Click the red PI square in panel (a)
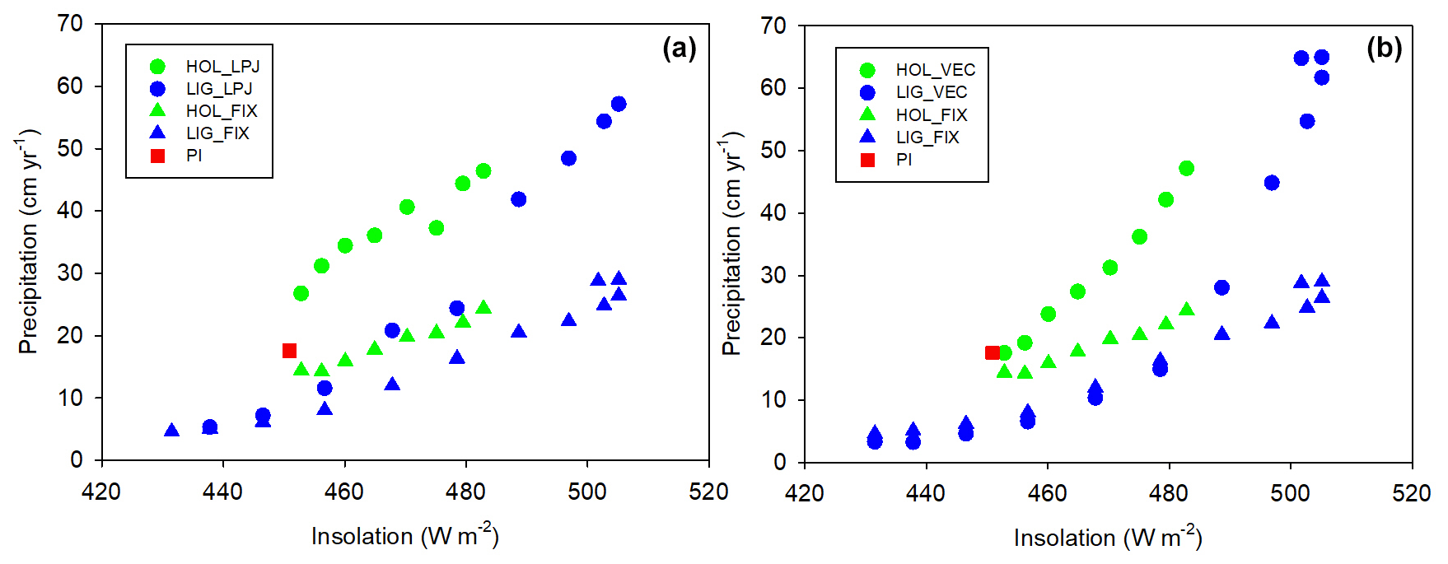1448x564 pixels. pyautogui.click(x=289, y=351)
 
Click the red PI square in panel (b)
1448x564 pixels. pyautogui.click(x=992, y=352)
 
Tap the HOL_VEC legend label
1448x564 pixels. pyautogui.click(x=936, y=70)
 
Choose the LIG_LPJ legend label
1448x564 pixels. pyautogui.click(x=219, y=89)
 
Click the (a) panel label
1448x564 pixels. pyautogui.click(x=680, y=49)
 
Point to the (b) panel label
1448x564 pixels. pyautogui.click(x=1384, y=49)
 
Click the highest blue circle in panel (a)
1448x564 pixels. pyautogui.click(x=619, y=104)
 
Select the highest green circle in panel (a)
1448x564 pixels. pyautogui.click(x=483, y=171)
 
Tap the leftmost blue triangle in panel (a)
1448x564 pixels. pyautogui.click(x=171, y=430)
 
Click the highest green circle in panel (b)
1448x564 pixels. pyautogui.click(x=1186, y=168)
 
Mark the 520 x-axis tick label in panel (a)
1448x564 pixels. pyautogui.click(x=708, y=492)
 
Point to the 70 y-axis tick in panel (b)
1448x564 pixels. pyautogui.click(x=773, y=26)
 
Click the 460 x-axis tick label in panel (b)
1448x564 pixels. pyautogui.click(x=1047, y=494)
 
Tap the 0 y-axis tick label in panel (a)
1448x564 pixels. pyautogui.click(x=77, y=459)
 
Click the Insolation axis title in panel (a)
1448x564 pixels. pyautogui.click(x=404, y=536)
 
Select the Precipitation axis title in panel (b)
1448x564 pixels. pyautogui.click(x=731, y=243)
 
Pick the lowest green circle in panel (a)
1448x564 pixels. pyautogui.click(x=301, y=293)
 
